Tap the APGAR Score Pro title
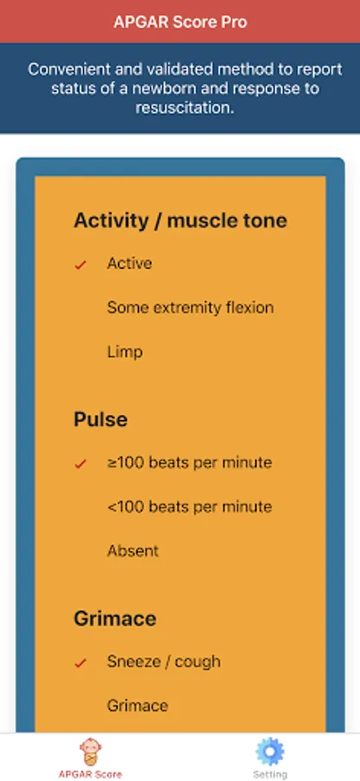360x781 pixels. click(x=180, y=23)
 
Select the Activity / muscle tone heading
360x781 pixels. click(x=180, y=220)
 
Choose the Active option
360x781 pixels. click(x=129, y=264)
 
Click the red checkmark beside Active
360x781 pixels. click(x=81, y=265)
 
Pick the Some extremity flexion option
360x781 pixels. click(x=190, y=307)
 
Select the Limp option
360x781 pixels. click(x=125, y=352)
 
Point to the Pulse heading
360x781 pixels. click(x=101, y=419)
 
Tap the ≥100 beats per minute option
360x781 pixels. click(x=189, y=463)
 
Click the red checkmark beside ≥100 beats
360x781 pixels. click(x=81, y=464)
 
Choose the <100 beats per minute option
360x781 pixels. click(x=189, y=507)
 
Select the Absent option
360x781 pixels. click(x=133, y=550)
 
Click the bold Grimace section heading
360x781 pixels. click(x=115, y=619)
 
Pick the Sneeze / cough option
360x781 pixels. click(x=164, y=662)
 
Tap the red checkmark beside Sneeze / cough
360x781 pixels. click(x=81, y=664)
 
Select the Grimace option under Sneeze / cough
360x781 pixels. click(x=137, y=706)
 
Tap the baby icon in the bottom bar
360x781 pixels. click(x=90, y=752)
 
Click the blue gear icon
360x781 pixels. click(x=270, y=752)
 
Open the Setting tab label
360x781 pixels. click(x=270, y=775)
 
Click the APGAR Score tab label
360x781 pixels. click(x=90, y=775)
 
